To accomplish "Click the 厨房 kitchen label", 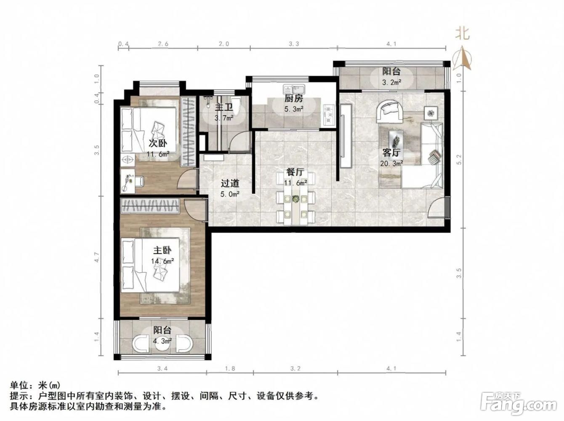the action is pyautogui.click(x=293, y=99).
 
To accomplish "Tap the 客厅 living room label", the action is pyautogui.click(x=391, y=153).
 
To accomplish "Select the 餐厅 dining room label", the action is pyautogui.click(x=295, y=172).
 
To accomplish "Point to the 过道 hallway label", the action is pyautogui.click(x=230, y=183).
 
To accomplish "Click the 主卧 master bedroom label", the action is pyautogui.click(x=162, y=250).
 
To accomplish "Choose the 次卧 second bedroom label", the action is pyautogui.click(x=158, y=143).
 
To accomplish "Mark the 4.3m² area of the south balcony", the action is pyautogui.click(x=162, y=341).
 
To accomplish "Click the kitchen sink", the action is pyautogui.click(x=294, y=89).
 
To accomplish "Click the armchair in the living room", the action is pyautogui.click(x=390, y=111).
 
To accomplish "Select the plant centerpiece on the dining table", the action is pyautogui.click(x=296, y=198).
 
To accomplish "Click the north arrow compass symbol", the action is pyautogui.click(x=462, y=58).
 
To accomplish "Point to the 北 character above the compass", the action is pyautogui.click(x=462, y=34).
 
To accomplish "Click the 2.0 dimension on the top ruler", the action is pyautogui.click(x=224, y=44).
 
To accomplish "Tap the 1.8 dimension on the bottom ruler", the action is pyautogui.click(x=230, y=369).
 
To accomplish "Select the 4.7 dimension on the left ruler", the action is pyautogui.click(x=97, y=257).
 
